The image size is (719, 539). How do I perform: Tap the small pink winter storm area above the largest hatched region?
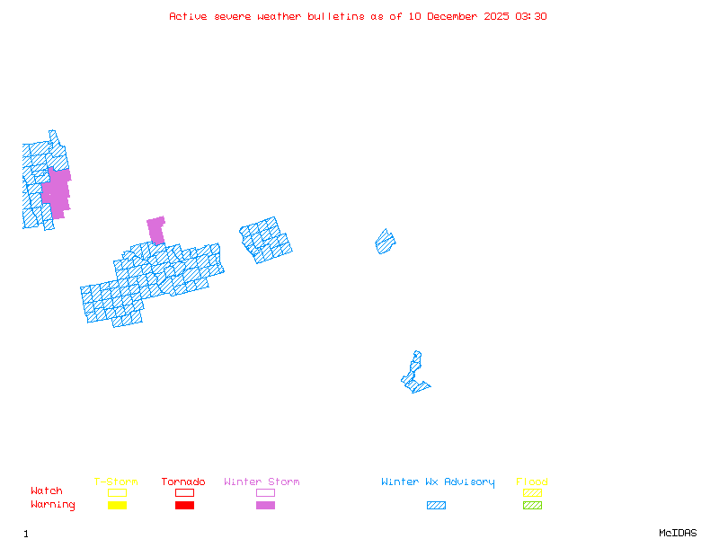[x=156, y=229]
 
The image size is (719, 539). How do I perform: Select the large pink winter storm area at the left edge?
[x=57, y=192]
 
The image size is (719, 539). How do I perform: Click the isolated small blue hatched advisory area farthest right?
[x=386, y=242]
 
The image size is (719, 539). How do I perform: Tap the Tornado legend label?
[x=183, y=482]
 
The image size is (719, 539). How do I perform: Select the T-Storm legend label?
[x=116, y=482]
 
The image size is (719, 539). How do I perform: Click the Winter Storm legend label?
[x=262, y=482]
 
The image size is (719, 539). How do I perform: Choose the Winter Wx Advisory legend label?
[x=438, y=482]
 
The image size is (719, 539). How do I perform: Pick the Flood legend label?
[x=532, y=482]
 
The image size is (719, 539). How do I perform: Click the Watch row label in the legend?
[x=47, y=491]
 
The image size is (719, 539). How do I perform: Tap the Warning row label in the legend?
[x=53, y=505]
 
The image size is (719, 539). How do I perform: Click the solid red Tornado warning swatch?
[x=184, y=506]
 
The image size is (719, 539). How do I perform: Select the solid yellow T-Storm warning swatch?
[x=117, y=506]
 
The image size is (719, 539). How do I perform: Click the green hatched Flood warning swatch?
[x=532, y=506]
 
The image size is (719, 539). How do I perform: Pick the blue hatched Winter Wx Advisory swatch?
[x=436, y=506]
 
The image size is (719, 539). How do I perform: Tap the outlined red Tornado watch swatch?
[x=184, y=492]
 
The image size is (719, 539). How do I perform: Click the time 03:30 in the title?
[x=531, y=16]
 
